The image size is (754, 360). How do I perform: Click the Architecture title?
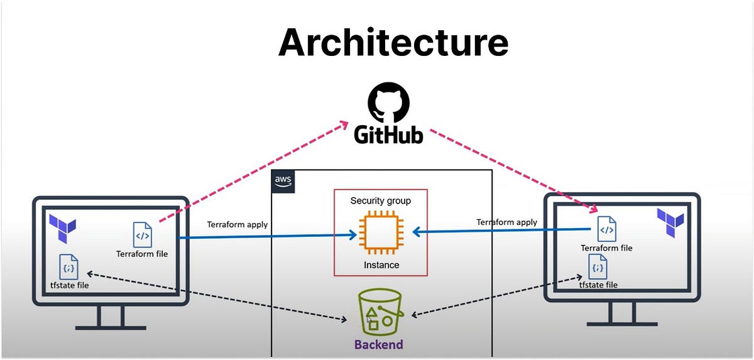coord(393,42)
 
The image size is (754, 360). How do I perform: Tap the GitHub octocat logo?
coord(388,104)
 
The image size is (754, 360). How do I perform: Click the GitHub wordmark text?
coord(388,135)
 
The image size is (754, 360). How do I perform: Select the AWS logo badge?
coord(283,181)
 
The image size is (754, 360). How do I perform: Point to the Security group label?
coord(380,201)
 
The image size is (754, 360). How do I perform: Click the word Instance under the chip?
coord(381,265)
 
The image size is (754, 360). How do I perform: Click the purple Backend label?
coord(378,344)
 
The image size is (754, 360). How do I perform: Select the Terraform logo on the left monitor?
coord(63,226)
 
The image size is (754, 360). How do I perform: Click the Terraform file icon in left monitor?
coord(142,235)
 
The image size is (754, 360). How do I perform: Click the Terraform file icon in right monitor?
coord(606,229)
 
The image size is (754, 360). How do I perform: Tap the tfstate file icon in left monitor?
coord(68,267)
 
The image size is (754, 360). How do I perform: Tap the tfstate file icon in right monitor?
coord(598,268)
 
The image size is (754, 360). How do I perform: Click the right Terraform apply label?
coord(506,222)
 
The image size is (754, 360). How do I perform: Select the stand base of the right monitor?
coord(622,323)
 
